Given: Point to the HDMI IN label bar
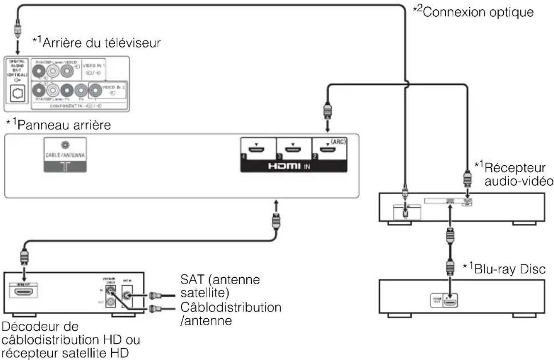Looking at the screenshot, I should coord(294,166).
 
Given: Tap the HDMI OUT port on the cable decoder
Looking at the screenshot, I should coord(26,292).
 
